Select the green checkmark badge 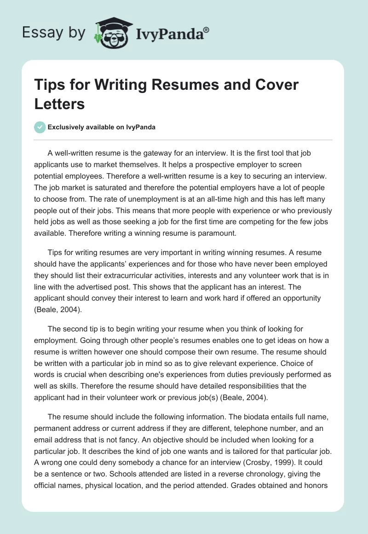click(x=40, y=127)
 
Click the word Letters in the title click(x=60, y=104)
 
